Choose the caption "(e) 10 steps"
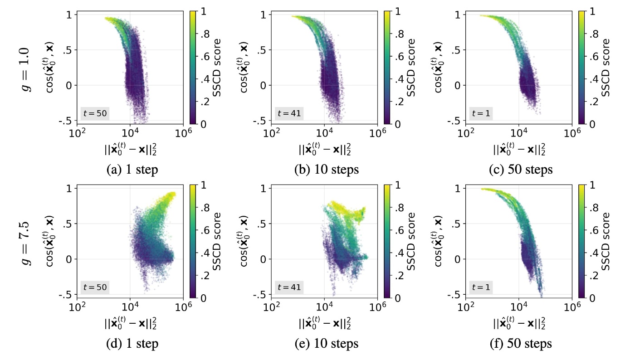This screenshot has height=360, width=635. coord(324,344)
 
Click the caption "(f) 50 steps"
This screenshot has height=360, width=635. coord(518,344)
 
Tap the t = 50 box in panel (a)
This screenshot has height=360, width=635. coord(94,113)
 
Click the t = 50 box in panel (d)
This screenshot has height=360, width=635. coord(94,287)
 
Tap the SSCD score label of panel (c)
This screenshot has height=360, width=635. coord(607,67)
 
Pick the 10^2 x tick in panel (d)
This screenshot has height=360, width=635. coord(78,307)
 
